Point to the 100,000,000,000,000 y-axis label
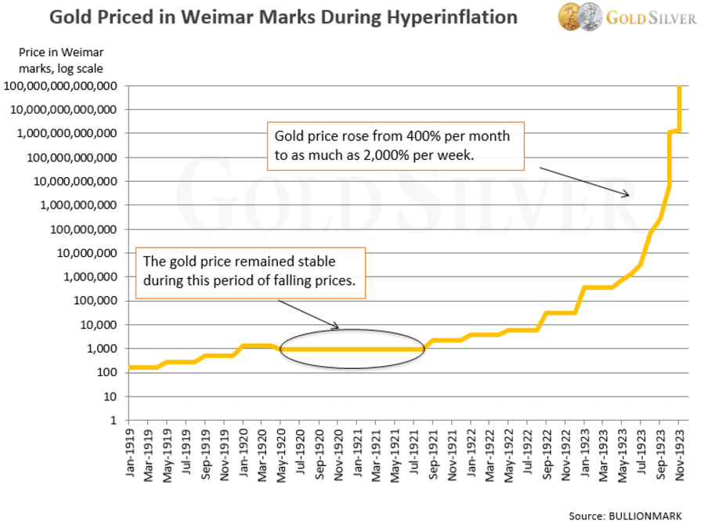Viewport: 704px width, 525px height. [x=62, y=85]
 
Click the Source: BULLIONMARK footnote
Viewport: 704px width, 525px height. [x=626, y=515]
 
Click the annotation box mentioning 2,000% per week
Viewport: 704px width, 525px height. [x=395, y=146]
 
